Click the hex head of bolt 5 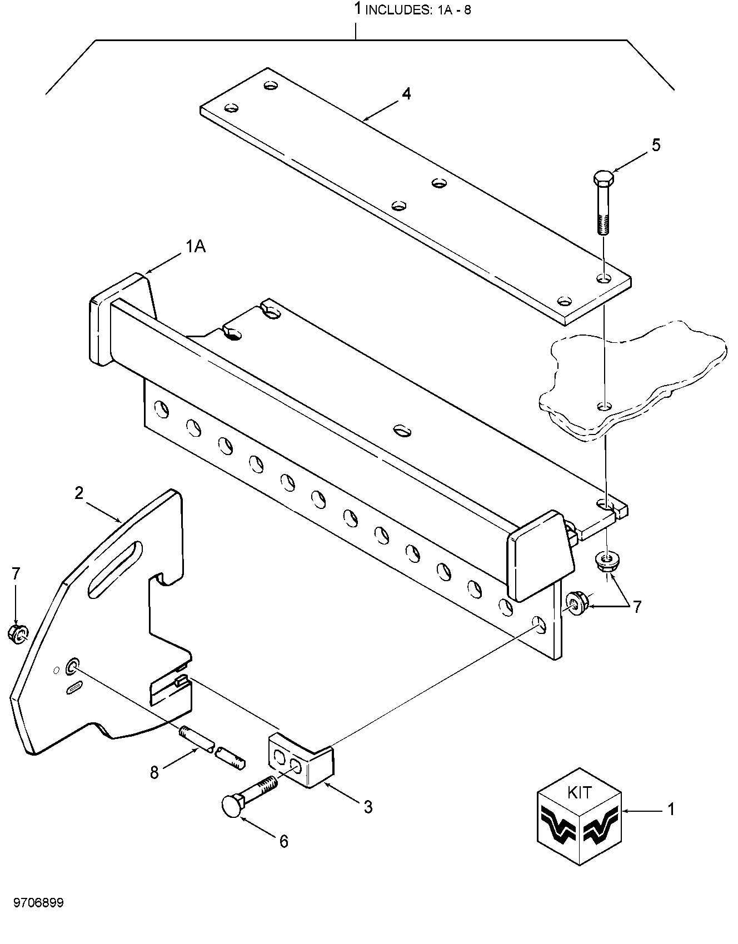click(x=602, y=180)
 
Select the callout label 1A click(x=195, y=246)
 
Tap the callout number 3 click(x=368, y=807)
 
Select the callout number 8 click(x=154, y=772)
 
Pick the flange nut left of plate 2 click(x=18, y=633)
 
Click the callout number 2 click(x=79, y=492)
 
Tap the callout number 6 click(x=283, y=841)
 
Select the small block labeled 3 click(x=301, y=760)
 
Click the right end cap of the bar click(x=541, y=556)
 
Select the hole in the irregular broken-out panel click(x=602, y=407)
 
